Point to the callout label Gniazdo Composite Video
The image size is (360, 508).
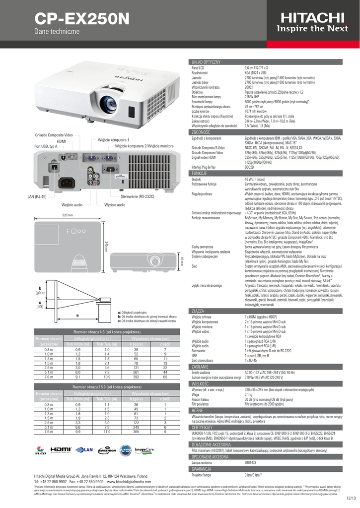click(x=54, y=135)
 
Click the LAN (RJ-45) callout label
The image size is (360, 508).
click(x=37, y=196)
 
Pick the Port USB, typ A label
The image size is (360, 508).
click(x=46, y=146)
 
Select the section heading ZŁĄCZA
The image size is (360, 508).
click(x=198, y=311)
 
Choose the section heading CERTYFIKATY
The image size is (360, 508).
click(x=202, y=427)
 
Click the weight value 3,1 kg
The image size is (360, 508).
click(x=249, y=394)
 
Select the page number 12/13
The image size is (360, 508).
click(x=352, y=498)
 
